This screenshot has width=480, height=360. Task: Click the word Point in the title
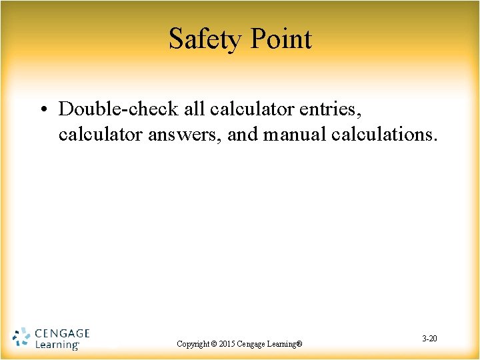280,39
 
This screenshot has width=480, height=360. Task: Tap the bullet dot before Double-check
43,109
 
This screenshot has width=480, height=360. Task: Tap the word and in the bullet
243,134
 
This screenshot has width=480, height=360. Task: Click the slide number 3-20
429,339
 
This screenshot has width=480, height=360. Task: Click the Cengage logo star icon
21,337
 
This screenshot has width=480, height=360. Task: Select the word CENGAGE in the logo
62,333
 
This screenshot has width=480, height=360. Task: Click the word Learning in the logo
56,345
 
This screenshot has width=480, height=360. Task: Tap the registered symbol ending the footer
299,344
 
